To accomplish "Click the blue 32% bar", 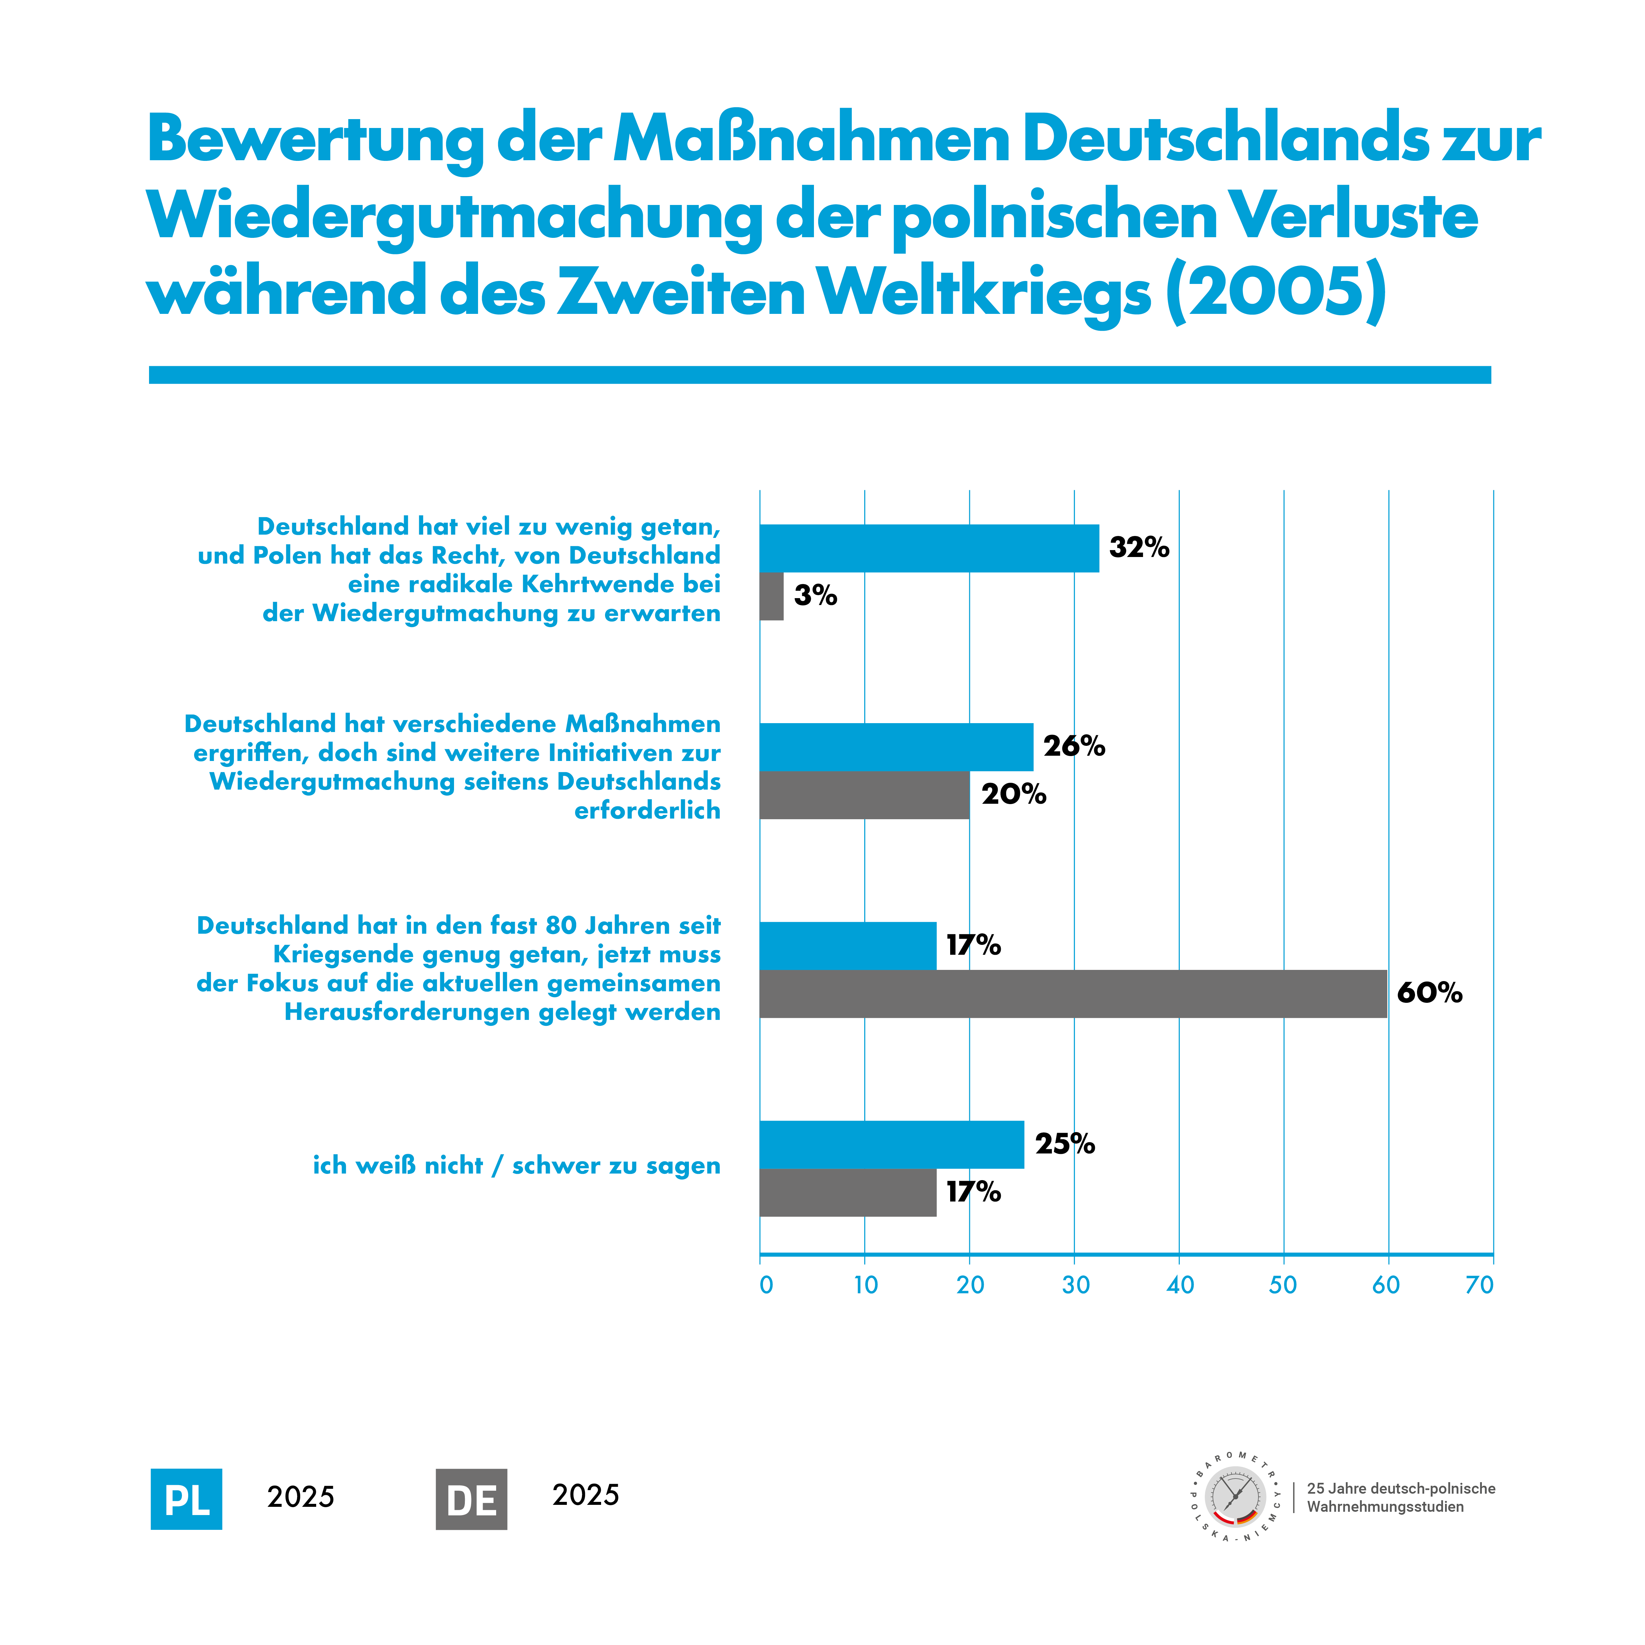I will pyautogui.click(x=929, y=548).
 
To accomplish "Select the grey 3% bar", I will pyautogui.click(x=772, y=596).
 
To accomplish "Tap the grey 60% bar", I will pyautogui.click(x=1073, y=994).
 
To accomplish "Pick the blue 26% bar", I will pyautogui.click(x=896, y=747).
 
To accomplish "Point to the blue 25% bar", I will pyautogui.click(x=892, y=1144).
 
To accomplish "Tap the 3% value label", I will pyautogui.click(x=815, y=595).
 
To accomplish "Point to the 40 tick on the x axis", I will pyautogui.click(x=1179, y=1285).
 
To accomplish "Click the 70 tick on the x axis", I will pyautogui.click(x=1479, y=1285).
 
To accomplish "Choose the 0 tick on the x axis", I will pyautogui.click(x=766, y=1285).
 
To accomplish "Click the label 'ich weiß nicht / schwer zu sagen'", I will pyautogui.click(x=516, y=1166).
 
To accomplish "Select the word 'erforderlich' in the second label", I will pyautogui.click(x=647, y=811).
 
